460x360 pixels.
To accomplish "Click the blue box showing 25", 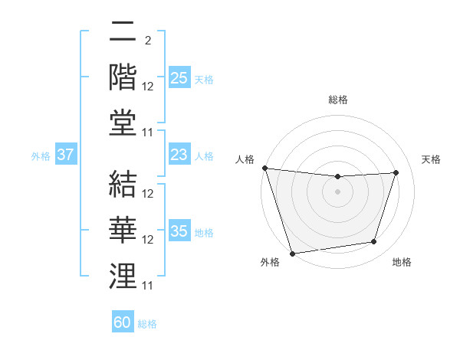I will (179, 77).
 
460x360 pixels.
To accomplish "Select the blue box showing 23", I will (179, 154).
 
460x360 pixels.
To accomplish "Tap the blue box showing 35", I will (179, 231).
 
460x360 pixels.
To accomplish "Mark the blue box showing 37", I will (65, 154).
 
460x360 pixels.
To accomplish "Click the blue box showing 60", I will (123, 322).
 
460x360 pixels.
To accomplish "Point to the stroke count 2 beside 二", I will (147, 40).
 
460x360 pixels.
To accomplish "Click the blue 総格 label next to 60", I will (147, 324).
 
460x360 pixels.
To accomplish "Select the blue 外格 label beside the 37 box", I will (41, 156).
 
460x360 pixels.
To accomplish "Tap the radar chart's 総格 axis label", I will (337, 100).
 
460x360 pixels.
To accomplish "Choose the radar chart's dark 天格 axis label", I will (432, 159).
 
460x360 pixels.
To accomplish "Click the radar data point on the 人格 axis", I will (264, 168).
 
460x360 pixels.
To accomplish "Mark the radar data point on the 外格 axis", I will (292, 253).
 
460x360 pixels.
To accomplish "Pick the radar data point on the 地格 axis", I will (374, 242).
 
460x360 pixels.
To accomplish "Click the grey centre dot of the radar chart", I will (337, 191).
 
